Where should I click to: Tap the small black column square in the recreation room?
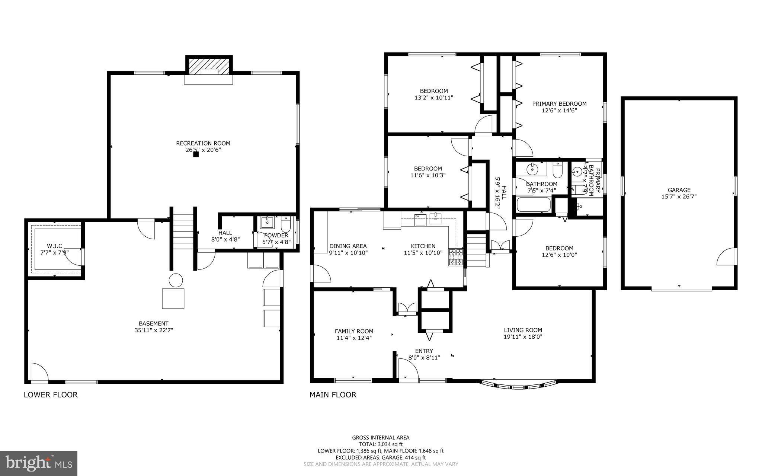tap(196, 154)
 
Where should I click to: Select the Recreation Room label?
tap(203, 143)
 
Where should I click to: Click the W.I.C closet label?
tap(55, 246)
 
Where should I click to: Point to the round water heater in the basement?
tap(176, 280)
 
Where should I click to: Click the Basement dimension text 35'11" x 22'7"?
tap(154, 330)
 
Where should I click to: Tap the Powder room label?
tap(276, 236)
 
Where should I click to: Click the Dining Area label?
tap(348, 246)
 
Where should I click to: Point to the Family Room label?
tap(354, 331)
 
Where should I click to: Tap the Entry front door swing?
tap(408, 368)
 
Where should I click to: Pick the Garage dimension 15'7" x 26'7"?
tap(679, 197)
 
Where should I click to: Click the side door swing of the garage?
tap(726, 257)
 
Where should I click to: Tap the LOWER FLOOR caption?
tap(51, 395)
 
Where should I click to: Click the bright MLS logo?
tap(39, 463)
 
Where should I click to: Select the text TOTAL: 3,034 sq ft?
tap(381, 444)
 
